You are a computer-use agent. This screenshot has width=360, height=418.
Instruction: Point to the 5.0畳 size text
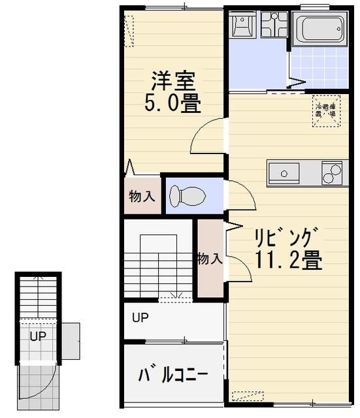click(172, 103)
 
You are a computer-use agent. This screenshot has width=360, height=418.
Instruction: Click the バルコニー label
click(173, 376)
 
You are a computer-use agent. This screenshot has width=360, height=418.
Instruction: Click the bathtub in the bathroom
click(319, 28)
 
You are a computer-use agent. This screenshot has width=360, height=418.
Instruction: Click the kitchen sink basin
click(286, 174)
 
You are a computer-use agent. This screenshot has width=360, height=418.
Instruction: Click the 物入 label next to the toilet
click(141, 196)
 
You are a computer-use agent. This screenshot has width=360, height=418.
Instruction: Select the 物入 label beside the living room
click(210, 259)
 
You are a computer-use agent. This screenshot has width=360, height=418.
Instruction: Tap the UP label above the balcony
click(140, 319)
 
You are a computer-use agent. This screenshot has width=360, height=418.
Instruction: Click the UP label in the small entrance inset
click(37, 336)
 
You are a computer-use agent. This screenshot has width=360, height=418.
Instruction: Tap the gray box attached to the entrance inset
click(70, 340)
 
